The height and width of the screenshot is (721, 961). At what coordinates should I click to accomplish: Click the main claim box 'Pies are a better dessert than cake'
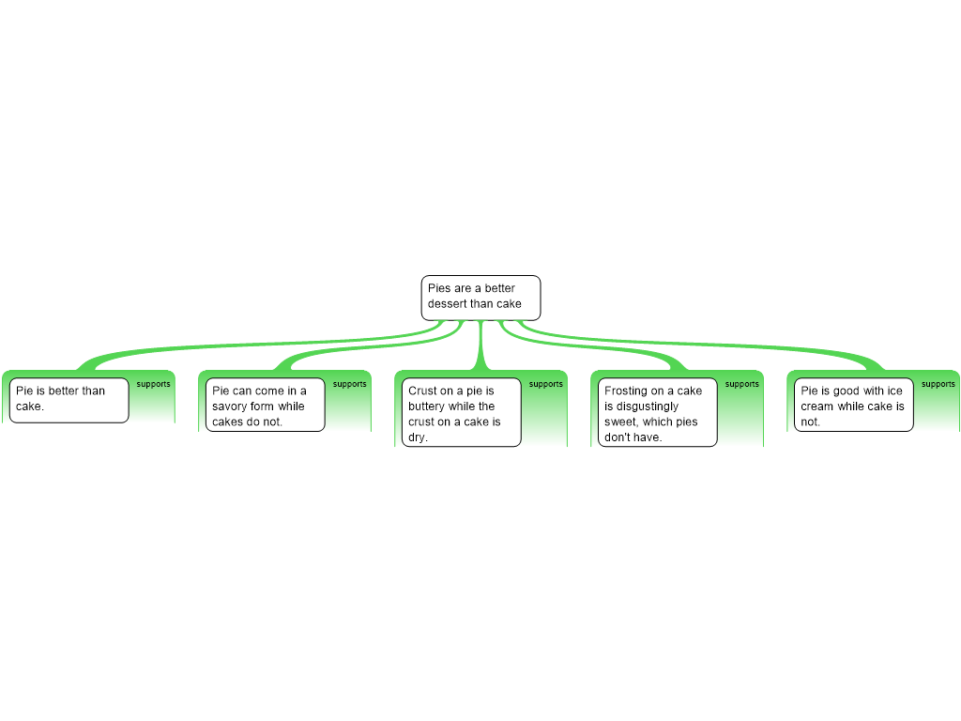(480, 297)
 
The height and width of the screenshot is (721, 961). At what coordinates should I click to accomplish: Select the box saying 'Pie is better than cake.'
(69, 400)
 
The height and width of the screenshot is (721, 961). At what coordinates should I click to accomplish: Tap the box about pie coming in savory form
(265, 405)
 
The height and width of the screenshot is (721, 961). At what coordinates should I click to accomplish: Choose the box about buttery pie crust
(461, 412)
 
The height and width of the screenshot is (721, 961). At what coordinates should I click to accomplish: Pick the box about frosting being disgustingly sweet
(657, 412)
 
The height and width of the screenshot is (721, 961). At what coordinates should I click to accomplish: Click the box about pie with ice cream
(853, 405)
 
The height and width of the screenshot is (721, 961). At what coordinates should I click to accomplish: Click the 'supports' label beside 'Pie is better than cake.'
(154, 384)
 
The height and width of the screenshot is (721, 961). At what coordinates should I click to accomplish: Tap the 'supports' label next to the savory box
(350, 384)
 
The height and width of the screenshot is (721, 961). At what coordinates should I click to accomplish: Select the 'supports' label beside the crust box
(546, 384)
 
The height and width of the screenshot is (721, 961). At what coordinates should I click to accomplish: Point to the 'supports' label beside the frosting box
(742, 384)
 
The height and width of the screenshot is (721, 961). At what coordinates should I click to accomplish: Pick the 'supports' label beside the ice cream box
(938, 384)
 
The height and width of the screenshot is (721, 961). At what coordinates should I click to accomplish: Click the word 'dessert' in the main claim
(448, 304)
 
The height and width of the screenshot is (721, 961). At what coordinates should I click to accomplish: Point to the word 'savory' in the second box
(230, 407)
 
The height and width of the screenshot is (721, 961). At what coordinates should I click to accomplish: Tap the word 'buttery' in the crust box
(427, 407)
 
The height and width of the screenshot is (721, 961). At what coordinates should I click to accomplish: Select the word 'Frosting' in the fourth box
(626, 391)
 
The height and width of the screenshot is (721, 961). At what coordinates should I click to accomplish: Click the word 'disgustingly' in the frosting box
(647, 407)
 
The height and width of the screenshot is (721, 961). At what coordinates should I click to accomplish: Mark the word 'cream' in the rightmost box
(816, 407)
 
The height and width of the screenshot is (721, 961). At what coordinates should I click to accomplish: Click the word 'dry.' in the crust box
(418, 437)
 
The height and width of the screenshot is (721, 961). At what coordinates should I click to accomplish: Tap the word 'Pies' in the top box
(439, 288)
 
